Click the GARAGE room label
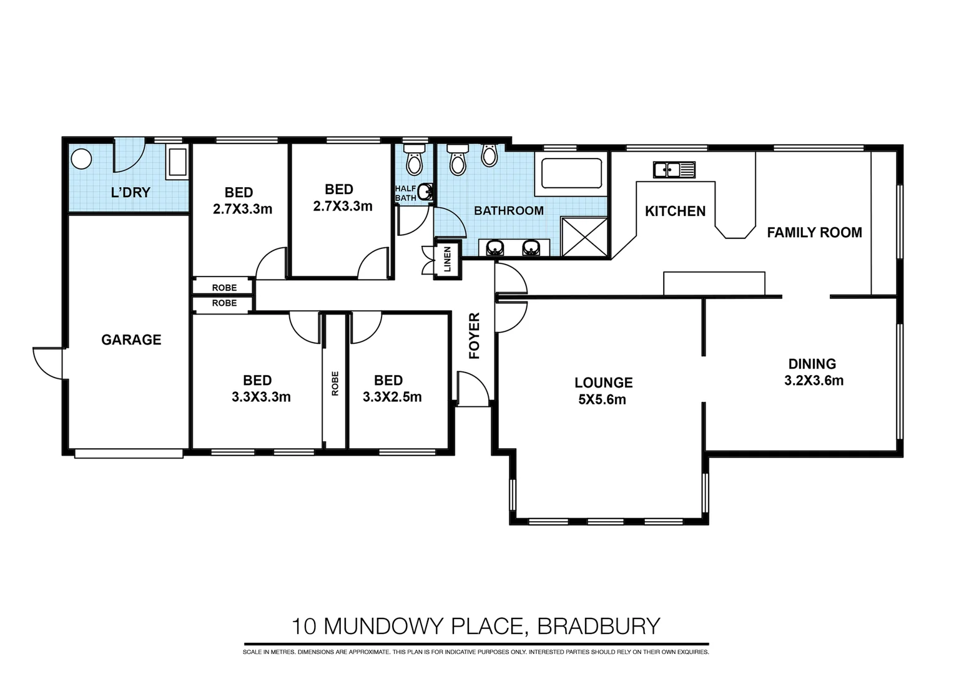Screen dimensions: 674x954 [131, 339]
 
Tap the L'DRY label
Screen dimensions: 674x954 [130, 192]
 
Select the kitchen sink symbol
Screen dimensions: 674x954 [674, 169]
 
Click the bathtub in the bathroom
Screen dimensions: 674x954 [571, 173]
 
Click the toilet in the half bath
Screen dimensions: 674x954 [414, 160]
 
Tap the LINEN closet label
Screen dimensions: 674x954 [447, 259]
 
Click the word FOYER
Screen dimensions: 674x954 [475, 336]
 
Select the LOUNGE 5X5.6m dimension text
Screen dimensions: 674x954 [602, 399]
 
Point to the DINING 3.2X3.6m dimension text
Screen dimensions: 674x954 [814, 380]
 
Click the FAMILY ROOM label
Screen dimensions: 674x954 [814, 232]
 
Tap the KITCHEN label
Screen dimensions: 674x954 [675, 211]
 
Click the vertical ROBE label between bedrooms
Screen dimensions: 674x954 [335, 383]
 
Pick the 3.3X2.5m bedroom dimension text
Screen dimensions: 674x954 [392, 397]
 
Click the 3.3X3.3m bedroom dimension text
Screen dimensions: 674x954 [261, 397]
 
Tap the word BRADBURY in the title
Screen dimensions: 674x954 [599, 625]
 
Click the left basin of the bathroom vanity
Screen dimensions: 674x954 [494, 248]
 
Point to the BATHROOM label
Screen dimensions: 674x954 [508, 210]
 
